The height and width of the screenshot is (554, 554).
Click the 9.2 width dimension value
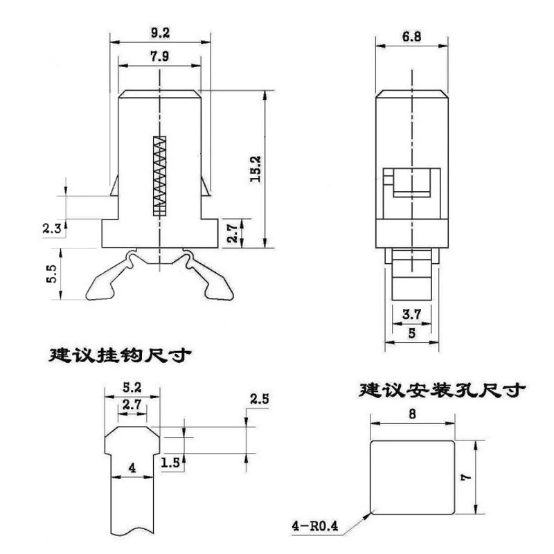161,33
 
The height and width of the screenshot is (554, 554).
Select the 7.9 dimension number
160,56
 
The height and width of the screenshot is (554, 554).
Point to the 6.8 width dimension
411,37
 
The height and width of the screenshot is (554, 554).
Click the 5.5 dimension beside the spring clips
51,274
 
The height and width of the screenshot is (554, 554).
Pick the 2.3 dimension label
52,229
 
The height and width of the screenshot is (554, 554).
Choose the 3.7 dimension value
411,314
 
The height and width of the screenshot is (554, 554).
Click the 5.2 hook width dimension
132,388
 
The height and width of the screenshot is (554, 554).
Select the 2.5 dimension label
259,400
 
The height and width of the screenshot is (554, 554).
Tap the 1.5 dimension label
170,463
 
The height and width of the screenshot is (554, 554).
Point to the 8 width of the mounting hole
412,413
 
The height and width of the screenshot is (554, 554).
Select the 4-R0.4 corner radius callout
315,526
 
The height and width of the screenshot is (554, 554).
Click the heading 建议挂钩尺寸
120,355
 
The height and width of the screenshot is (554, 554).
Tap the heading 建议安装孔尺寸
442,390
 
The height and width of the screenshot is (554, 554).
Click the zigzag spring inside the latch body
160,176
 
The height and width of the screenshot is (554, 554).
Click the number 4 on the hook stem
132,468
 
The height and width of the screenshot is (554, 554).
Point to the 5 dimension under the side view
412,333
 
